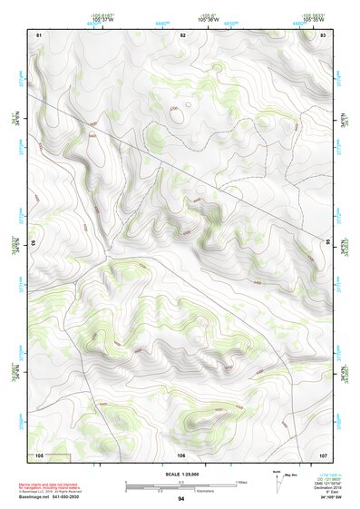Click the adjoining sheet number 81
(39, 34)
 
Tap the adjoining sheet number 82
(182, 34)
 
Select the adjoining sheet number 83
(324, 34)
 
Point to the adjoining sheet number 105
(39, 454)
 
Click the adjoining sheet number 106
(181, 454)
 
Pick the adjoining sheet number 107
(324, 454)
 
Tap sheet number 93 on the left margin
(34, 242)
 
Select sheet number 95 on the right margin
(328, 242)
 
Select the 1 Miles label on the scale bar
(240, 481)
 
